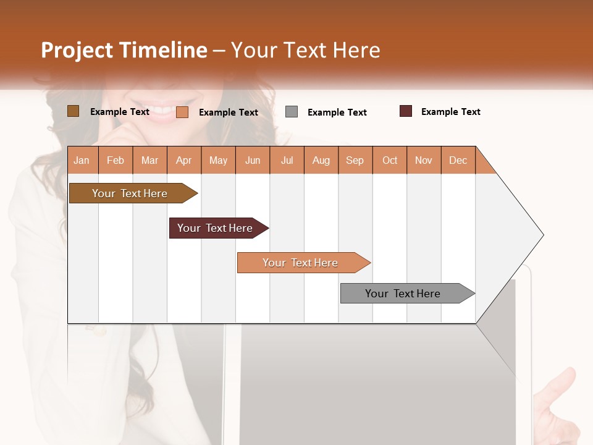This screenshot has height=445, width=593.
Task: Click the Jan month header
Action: (x=82, y=160)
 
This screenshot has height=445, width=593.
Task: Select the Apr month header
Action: (x=183, y=160)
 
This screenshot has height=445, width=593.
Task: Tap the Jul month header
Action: (x=287, y=160)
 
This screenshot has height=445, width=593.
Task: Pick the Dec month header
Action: (x=458, y=160)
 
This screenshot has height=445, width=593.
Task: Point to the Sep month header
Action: (x=355, y=160)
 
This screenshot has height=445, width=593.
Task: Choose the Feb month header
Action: (x=116, y=160)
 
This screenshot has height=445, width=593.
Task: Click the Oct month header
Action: (x=390, y=160)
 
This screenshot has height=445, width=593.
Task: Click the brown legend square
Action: (x=73, y=111)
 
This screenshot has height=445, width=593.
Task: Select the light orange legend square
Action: (x=182, y=112)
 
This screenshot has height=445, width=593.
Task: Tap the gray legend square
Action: (x=292, y=112)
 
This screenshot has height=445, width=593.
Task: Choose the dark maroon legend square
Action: (x=406, y=111)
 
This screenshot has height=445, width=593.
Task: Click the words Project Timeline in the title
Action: (x=124, y=50)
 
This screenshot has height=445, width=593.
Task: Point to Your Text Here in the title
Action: (x=305, y=50)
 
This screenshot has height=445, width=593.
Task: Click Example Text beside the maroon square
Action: (x=450, y=112)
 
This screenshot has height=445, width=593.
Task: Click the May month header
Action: (x=218, y=160)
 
